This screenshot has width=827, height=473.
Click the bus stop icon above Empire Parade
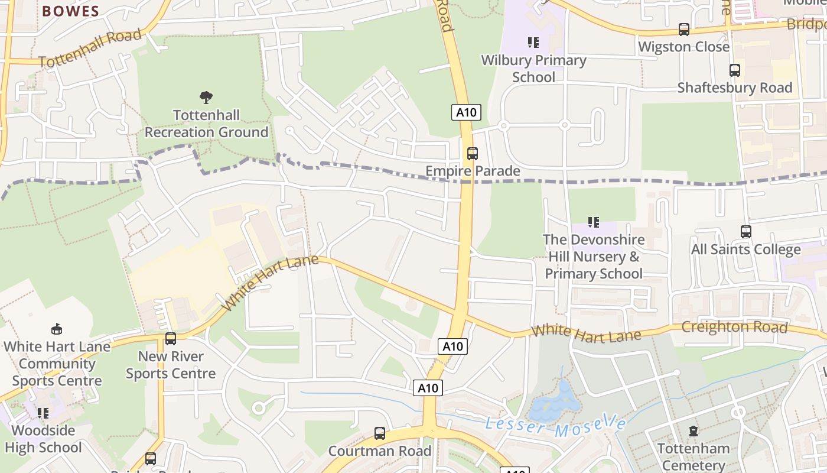click(472, 154)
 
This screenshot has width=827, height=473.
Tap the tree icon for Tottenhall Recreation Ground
click(206, 97)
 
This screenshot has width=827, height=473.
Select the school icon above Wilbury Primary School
click(533, 43)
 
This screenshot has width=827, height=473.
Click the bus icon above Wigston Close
click(683, 29)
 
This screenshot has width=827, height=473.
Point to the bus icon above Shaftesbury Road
click(734, 70)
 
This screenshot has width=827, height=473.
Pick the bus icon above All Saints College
click(746, 232)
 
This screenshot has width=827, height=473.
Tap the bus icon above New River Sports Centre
click(171, 339)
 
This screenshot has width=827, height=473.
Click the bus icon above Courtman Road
click(380, 433)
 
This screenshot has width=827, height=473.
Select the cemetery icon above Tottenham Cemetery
click(693, 431)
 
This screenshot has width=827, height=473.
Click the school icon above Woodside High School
click(43, 413)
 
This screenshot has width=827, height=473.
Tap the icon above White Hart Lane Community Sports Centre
click(57, 329)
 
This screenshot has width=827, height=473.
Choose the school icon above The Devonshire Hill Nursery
click(594, 222)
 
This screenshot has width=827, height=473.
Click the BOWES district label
click(70, 11)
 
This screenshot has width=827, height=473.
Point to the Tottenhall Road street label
click(90, 48)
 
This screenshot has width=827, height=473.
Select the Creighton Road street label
click(734, 327)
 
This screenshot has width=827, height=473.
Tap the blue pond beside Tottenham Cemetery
click(556, 403)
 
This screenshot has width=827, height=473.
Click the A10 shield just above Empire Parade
click(466, 112)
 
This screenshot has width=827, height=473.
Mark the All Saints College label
click(745, 250)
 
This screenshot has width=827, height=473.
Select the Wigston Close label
click(683, 47)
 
